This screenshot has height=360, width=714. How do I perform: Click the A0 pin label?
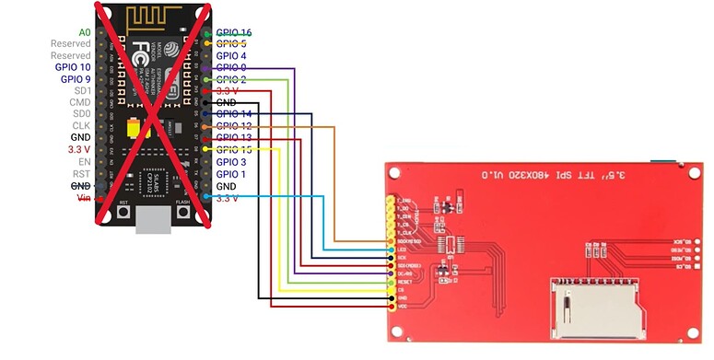coord(84,32)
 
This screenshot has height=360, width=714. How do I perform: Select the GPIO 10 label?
coord(73,67)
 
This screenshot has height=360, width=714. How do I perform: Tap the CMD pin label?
coord(80,102)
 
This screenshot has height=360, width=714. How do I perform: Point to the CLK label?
coord(81,126)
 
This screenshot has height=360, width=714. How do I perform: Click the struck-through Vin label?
coord(82,197)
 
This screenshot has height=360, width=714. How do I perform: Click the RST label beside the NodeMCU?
coord(82,174)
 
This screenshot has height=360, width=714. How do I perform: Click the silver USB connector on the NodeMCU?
coord(153,221)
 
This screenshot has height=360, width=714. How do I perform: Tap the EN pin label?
coord(84,162)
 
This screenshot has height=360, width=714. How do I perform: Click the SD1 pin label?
coord(82,91)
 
